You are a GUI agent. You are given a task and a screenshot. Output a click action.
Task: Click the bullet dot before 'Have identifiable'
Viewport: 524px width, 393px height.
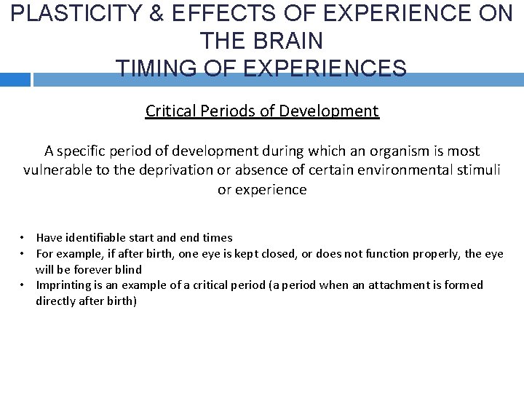click(x=23, y=237)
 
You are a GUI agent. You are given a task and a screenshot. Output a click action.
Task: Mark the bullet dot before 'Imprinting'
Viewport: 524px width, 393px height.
click(x=23, y=285)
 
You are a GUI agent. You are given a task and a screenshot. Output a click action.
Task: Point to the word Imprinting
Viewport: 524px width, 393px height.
click(x=63, y=285)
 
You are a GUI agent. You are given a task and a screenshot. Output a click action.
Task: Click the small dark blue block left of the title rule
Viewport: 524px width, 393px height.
click(x=15, y=80)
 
